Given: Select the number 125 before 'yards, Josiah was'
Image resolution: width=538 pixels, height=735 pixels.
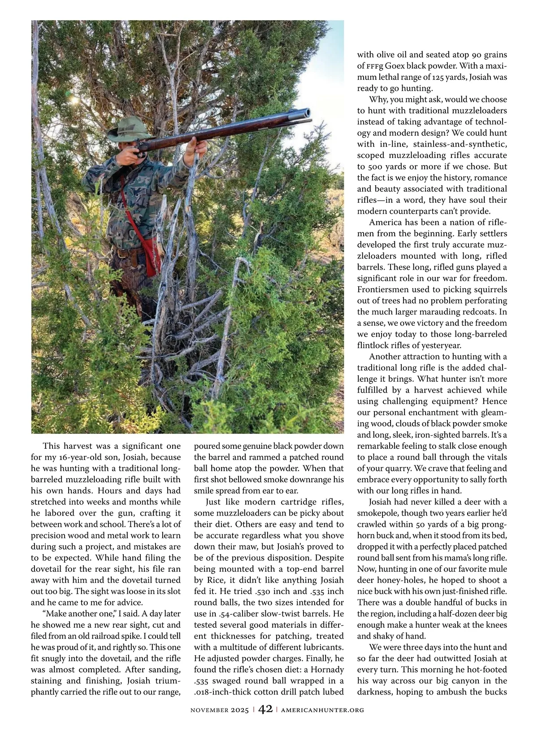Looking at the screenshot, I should tap(440, 77).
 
